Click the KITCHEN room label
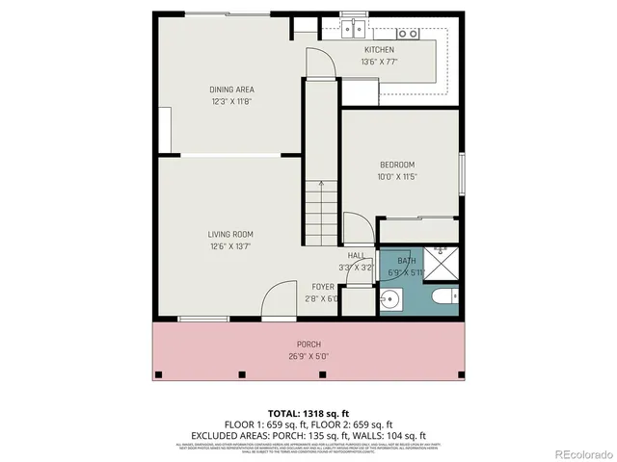point(379,50)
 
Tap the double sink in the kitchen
point(355,32)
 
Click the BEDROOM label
point(396,165)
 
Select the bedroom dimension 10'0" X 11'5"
point(396,176)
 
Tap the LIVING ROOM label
point(230,234)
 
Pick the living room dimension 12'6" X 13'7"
point(230,245)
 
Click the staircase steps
point(322,212)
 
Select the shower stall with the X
point(443,258)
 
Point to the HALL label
point(357,255)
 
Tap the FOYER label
point(322,287)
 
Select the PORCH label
point(308,345)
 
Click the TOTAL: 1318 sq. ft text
point(308,413)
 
